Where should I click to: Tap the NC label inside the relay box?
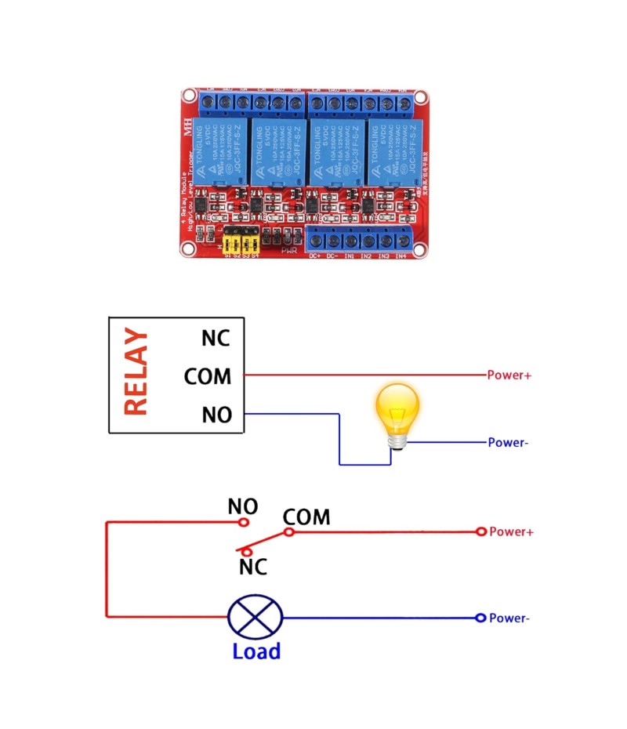[x=216, y=338]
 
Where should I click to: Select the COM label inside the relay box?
[x=208, y=376]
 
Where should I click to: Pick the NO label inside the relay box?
[x=216, y=414]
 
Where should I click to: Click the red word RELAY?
[x=136, y=372]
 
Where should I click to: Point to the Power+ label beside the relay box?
[x=509, y=375]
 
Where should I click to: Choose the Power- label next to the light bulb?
[x=508, y=443]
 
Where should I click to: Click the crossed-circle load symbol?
[x=255, y=617]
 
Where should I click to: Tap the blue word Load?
[x=256, y=651]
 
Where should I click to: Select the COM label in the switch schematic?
[x=306, y=517]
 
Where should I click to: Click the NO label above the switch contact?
[x=243, y=506]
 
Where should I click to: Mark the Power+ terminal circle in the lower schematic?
[x=481, y=531]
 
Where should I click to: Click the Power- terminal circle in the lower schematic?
[x=480, y=618]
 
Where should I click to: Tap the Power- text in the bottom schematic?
[x=509, y=618]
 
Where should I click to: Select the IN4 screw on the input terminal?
[x=400, y=241]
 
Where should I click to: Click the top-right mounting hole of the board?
[x=421, y=98]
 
